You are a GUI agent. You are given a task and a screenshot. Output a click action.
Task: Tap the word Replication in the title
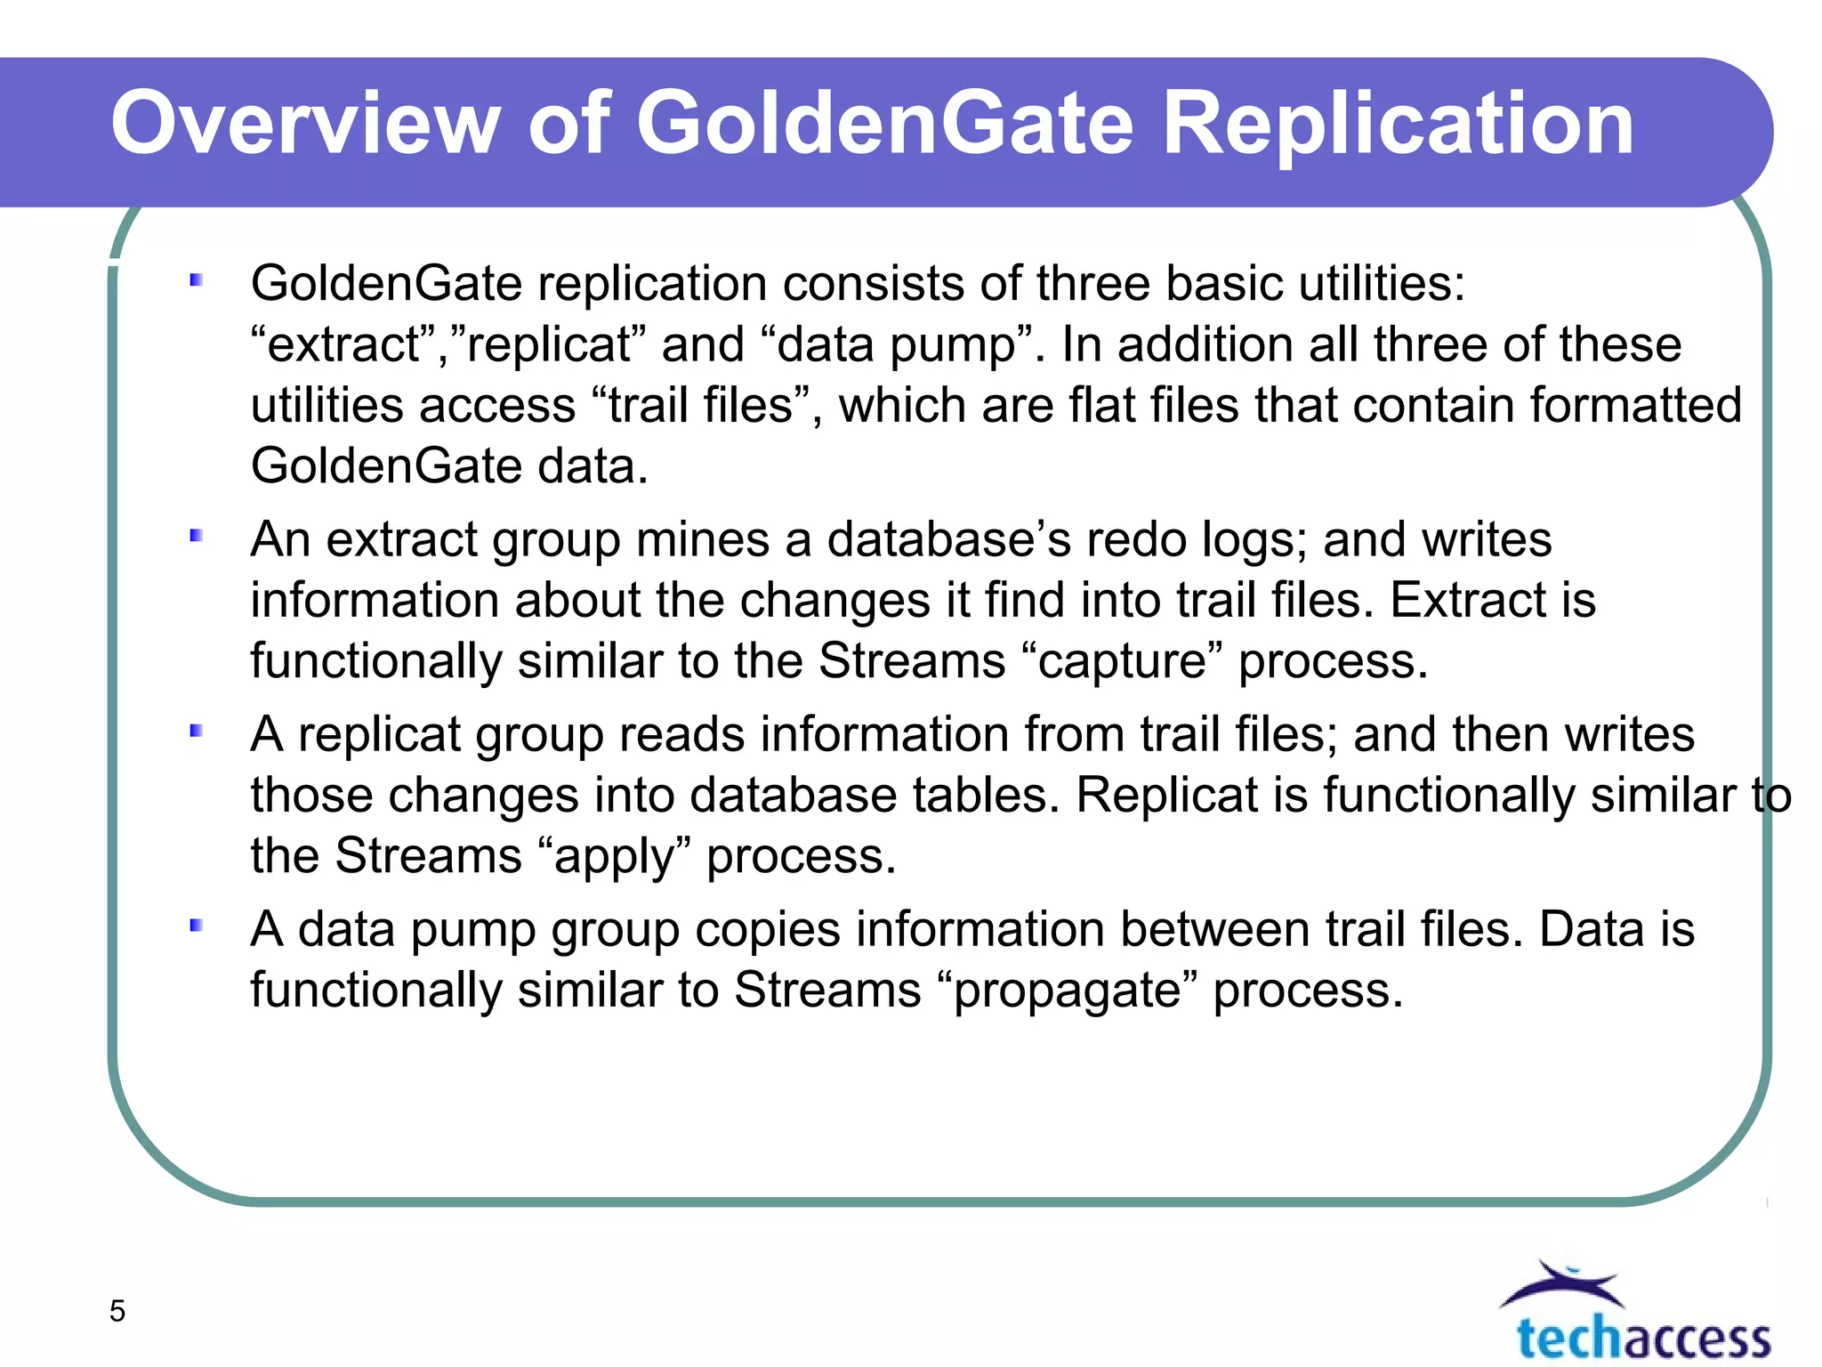pyautogui.click(x=1398, y=125)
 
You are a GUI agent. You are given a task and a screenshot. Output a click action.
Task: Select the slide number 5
pyautogui.click(x=117, y=1311)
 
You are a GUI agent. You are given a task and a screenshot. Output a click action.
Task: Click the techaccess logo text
pyautogui.click(x=1643, y=1338)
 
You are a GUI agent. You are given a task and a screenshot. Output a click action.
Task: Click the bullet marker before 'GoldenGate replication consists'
pyautogui.click(x=197, y=281)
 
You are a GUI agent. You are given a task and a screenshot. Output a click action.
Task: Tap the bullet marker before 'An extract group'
pyautogui.click(x=197, y=536)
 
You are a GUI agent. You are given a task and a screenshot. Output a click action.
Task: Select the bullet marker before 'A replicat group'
pyautogui.click(x=197, y=731)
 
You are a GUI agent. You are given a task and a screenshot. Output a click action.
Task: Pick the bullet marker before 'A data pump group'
pyautogui.click(x=197, y=926)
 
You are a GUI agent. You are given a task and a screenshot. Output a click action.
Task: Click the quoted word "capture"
pyautogui.click(x=1122, y=661)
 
